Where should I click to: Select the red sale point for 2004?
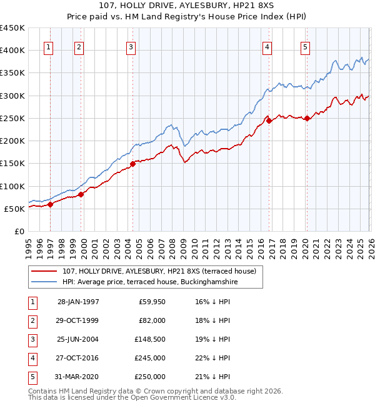pyautogui.click(x=132, y=164)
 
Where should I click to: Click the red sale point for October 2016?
pyautogui.click(x=269, y=121)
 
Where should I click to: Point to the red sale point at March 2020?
pyautogui.click(x=307, y=119)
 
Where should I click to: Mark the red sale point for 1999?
pyautogui.click(x=81, y=194)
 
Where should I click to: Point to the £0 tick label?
pyautogui.click(x=19, y=232)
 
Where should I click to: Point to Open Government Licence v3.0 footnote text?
pyautogui.click(x=181, y=397)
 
